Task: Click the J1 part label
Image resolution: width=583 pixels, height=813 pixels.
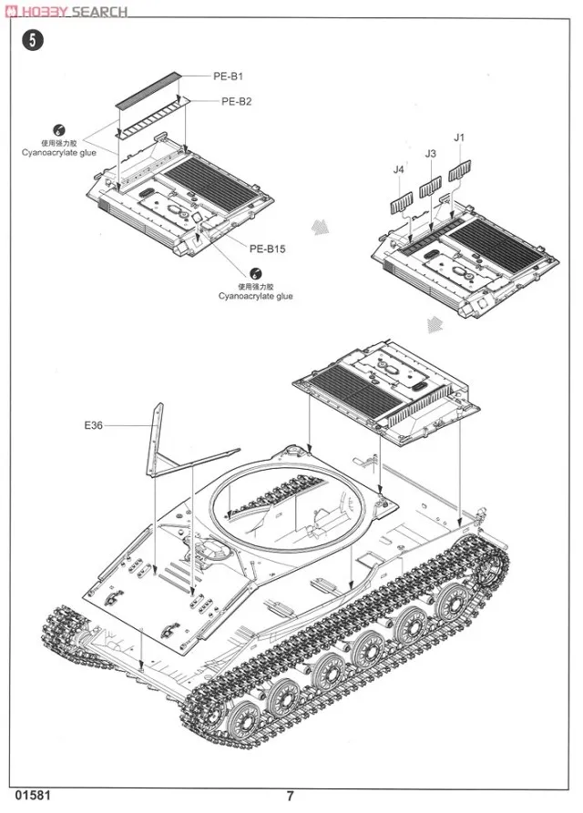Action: [x=459, y=137]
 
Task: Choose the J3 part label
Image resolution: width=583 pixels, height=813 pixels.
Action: [x=431, y=154]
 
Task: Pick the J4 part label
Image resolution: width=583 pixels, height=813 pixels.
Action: [x=398, y=168]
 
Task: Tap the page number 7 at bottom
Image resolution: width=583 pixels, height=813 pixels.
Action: [x=290, y=795]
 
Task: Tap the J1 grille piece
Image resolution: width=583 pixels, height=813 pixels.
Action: [x=463, y=170]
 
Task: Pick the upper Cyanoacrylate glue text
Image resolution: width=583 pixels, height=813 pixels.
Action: [x=58, y=152]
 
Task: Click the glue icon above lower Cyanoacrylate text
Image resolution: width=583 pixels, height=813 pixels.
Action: [x=257, y=272]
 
